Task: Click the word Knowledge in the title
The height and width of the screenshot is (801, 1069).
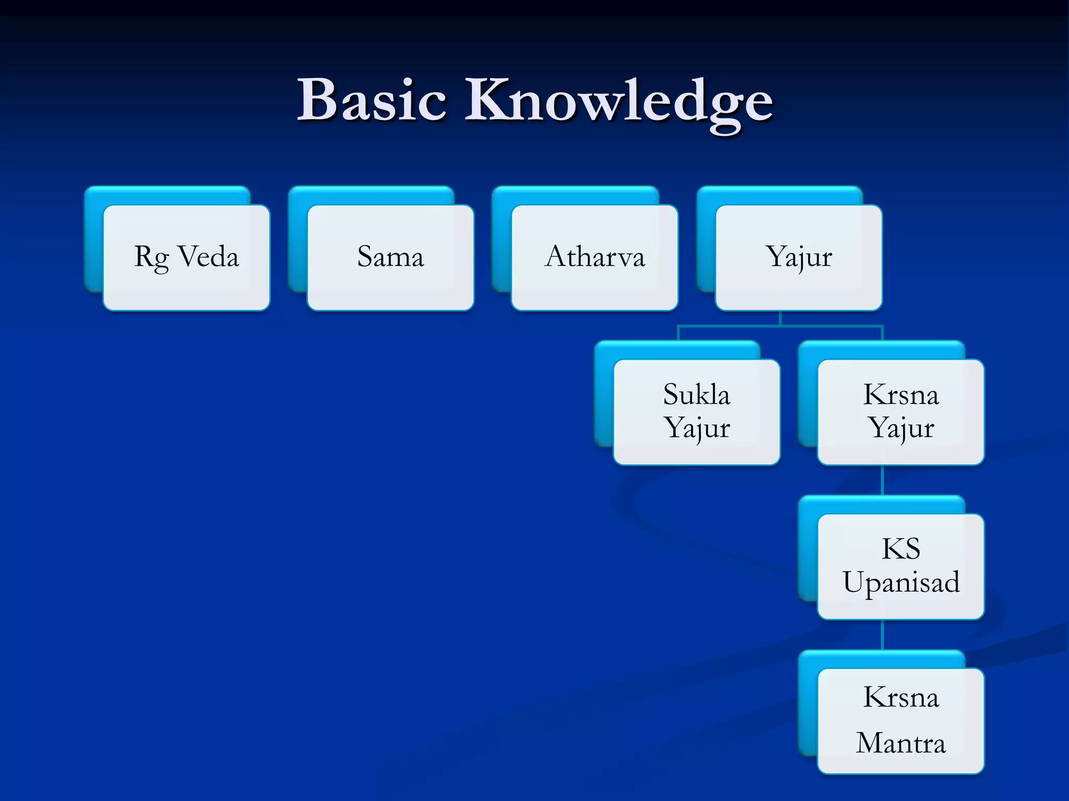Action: point(619,102)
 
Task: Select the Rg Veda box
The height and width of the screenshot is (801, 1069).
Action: point(186,258)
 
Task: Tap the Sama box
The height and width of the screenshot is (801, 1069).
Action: point(390,258)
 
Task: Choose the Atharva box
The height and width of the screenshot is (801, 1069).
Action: point(595,258)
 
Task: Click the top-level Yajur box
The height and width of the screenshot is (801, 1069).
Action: point(799,258)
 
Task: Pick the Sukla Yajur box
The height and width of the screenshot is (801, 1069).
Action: point(696,412)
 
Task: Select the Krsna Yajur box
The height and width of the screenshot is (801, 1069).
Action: point(900,412)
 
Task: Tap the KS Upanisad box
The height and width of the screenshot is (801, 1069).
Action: point(900,566)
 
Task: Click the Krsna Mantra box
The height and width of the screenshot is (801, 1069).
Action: point(900,721)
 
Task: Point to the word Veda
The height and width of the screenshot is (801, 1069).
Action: point(208,257)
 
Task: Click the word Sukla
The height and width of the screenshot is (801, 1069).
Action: point(696,395)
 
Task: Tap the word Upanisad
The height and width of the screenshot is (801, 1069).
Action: point(901,583)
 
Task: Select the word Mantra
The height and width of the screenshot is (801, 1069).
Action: point(900,743)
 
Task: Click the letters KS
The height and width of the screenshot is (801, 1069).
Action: point(901,549)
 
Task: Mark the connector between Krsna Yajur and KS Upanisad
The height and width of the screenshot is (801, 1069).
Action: point(882,480)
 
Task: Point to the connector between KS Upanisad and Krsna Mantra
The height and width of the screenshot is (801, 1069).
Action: point(882,634)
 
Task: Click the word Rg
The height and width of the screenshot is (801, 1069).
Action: point(151,258)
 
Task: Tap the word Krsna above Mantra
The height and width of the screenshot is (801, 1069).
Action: point(900,698)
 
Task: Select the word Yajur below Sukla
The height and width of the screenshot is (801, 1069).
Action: point(696,429)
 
